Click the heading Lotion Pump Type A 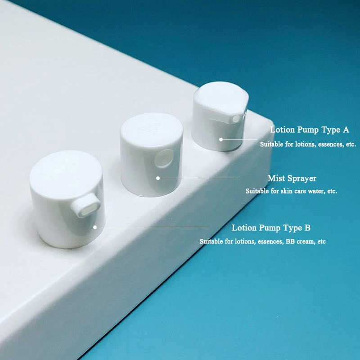[x=310, y=130]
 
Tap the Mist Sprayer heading [x=292, y=178]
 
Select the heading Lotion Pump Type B [x=271, y=228]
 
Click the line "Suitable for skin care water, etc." [x=291, y=191]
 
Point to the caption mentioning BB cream [x=263, y=242]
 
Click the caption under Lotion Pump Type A [x=308, y=144]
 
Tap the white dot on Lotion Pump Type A [x=221, y=139]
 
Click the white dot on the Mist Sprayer [x=158, y=178]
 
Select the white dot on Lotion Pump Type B [x=95, y=227]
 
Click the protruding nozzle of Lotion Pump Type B [x=85, y=206]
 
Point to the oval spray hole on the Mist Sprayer [x=163, y=159]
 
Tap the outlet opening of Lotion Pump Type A [x=236, y=119]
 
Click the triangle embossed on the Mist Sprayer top [x=150, y=128]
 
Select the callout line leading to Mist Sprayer [x=198, y=178]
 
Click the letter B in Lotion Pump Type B [x=307, y=228]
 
